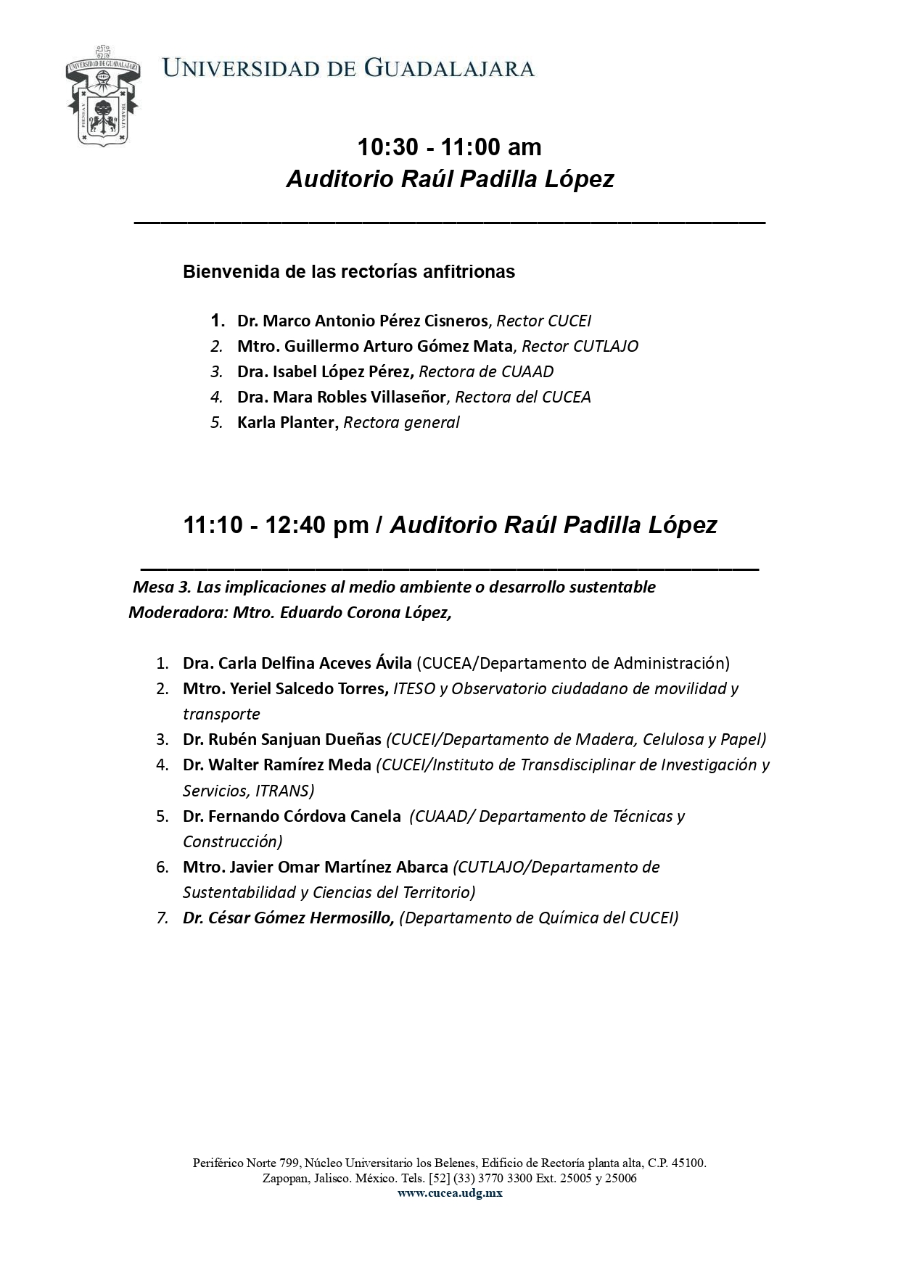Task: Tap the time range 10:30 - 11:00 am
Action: coord(449,147)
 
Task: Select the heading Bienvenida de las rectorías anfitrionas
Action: coord(348,272)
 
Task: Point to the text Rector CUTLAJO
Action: coord(580,346)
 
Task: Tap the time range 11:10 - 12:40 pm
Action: coord(276,525)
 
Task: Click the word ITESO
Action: coord(414,688)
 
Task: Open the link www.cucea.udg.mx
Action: coord(450,1193)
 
